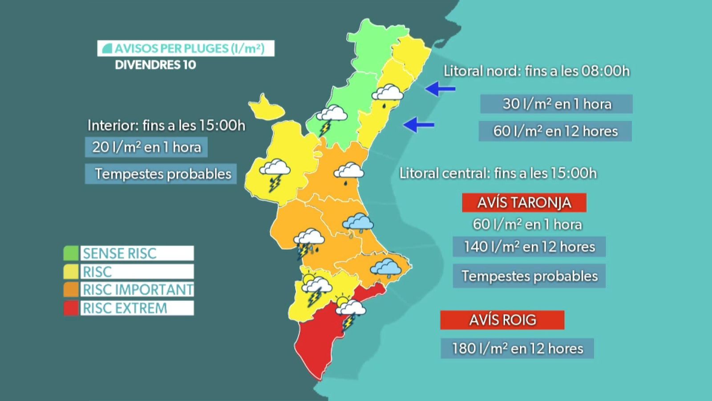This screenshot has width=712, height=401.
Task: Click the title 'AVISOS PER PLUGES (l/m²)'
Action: pyautogui.click(x=186, y=48)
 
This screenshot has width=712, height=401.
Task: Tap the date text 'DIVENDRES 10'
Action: pyautogui.click(x=155, y=65)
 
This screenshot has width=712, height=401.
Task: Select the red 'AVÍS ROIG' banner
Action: pyautogui.click(x=502, y=320)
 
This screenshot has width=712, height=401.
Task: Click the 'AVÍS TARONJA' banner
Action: pyautogui.click(x=524, y=203)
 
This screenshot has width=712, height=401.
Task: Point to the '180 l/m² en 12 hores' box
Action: pyautogui.click(x=517, y=348)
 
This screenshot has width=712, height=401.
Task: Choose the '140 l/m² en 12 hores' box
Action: pyautogui.click(x=529, y=247)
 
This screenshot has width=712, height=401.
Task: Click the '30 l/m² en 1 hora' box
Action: pyautogui.click(x=556, y=104)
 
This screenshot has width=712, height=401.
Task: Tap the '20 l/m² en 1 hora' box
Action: pyautogui.click(x=146, y=147)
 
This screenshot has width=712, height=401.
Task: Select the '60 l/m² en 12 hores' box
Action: pyautogui.click(x=555, y=131)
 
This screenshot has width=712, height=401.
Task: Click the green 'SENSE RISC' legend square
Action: pyautogui.click(x=71, y=253)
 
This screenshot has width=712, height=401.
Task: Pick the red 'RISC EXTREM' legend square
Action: pyautogui.click(x=71, y=308)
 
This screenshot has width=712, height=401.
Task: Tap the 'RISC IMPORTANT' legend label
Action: pyautogui.click(x=138, y=290)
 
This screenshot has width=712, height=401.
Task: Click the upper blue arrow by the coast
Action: pyautogui.click(x=440, y=89)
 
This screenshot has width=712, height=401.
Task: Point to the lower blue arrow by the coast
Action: pyautogui.click(x=419, y=124)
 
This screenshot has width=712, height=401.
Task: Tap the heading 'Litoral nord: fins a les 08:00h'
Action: pyautogui.click(x=537, y=71)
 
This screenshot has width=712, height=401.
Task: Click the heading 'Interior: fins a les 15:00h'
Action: pyautogui.click(x=166, y=126)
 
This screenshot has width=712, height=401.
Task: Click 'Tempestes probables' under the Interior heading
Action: pyautogui.click(x=163, y=174)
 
